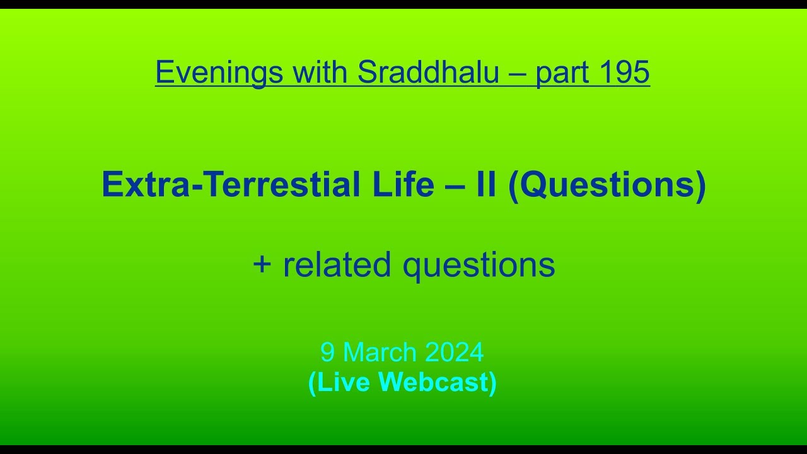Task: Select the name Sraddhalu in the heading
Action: pyautogui.click(x=428, y=73)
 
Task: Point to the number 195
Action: pyautogui.click(x=624, y=71)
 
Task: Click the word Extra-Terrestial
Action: pyautogui.click(x=231, y=185)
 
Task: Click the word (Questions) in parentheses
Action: pyautogui.click(x=607, y=186)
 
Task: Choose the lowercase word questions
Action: pyautogui.click(x=479, y=265)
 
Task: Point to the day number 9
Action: pyautogui.click(x=327, y=352)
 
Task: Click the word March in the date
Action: pyautogui.click(x=380, y=352)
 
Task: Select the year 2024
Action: pyautogui.click(x=454, y=352)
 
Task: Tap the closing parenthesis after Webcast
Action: pyautogui.click(x=492, y=383)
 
